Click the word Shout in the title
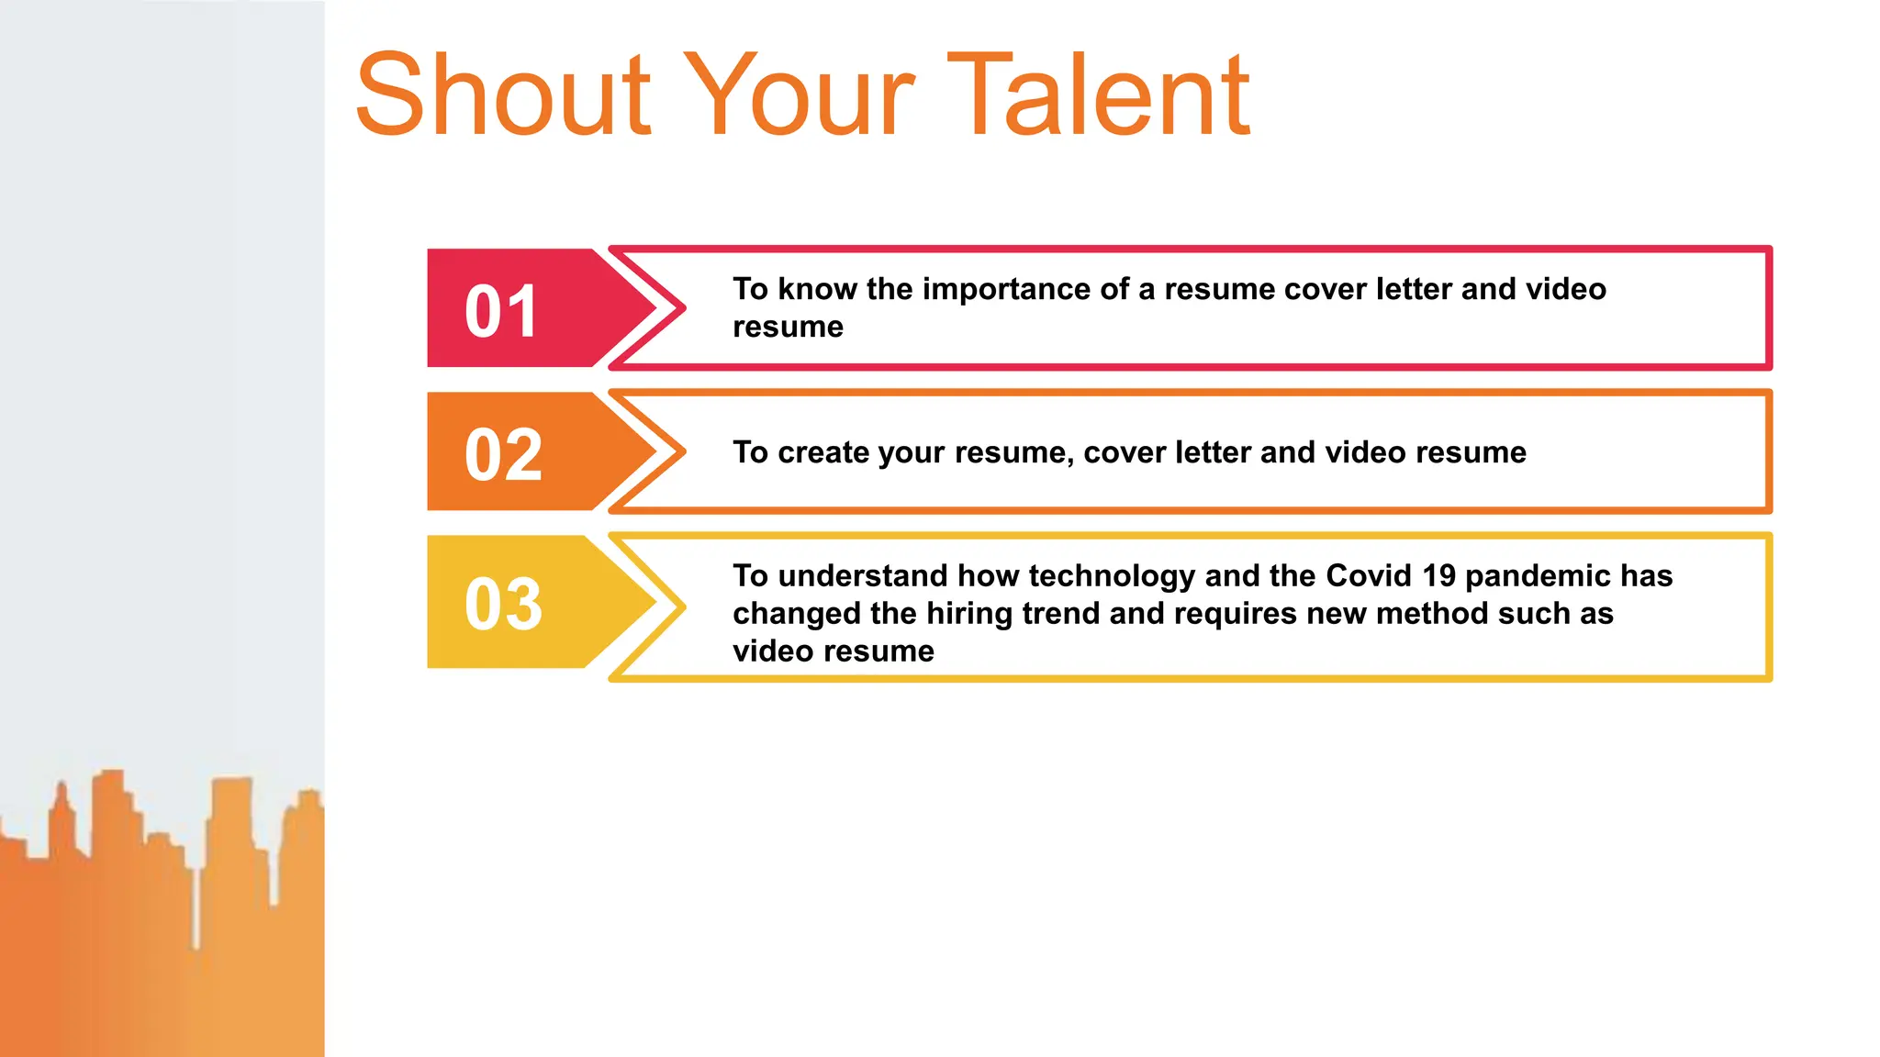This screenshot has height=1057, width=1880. click(503, 95)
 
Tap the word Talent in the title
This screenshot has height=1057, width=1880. click(1098, 95)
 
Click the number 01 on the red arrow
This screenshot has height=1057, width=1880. click(501, 311)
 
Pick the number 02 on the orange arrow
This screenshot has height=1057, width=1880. click(503, 454)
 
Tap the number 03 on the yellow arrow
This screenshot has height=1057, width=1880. click(503, 604)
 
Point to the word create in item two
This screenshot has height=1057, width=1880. click(822, 452)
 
